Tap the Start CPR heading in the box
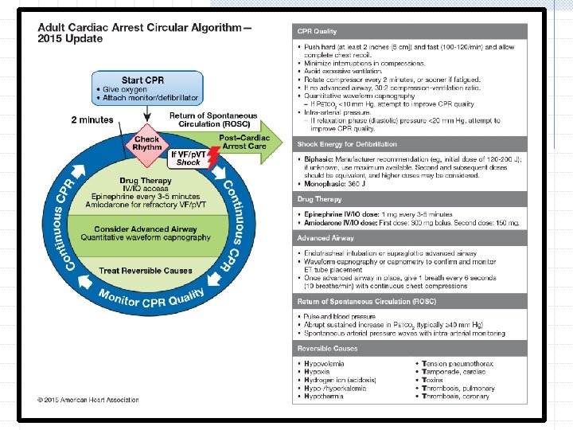[x=143, y=80]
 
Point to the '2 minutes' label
[x=92, y=120]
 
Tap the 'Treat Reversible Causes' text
[x=146, y=270]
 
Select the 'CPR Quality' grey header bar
[x=409, y=31]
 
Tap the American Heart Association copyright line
[x=88, y=399]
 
